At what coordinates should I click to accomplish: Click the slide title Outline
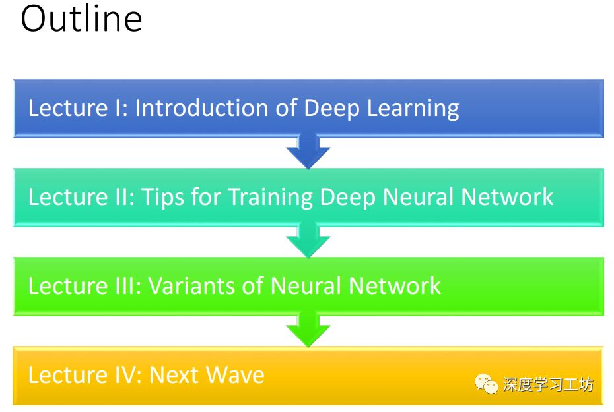(x=81, y=19)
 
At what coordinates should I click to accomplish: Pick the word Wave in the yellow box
(x=236, y=375)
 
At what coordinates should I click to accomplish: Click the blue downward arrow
(x=308, y=152)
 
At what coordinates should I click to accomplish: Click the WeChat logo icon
(x=487, y=384)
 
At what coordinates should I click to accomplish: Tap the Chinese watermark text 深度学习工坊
(x=548, y=384)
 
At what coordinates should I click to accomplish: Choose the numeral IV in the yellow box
(x=123, y=375)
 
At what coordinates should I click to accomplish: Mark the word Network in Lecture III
(x=395, y=285)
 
